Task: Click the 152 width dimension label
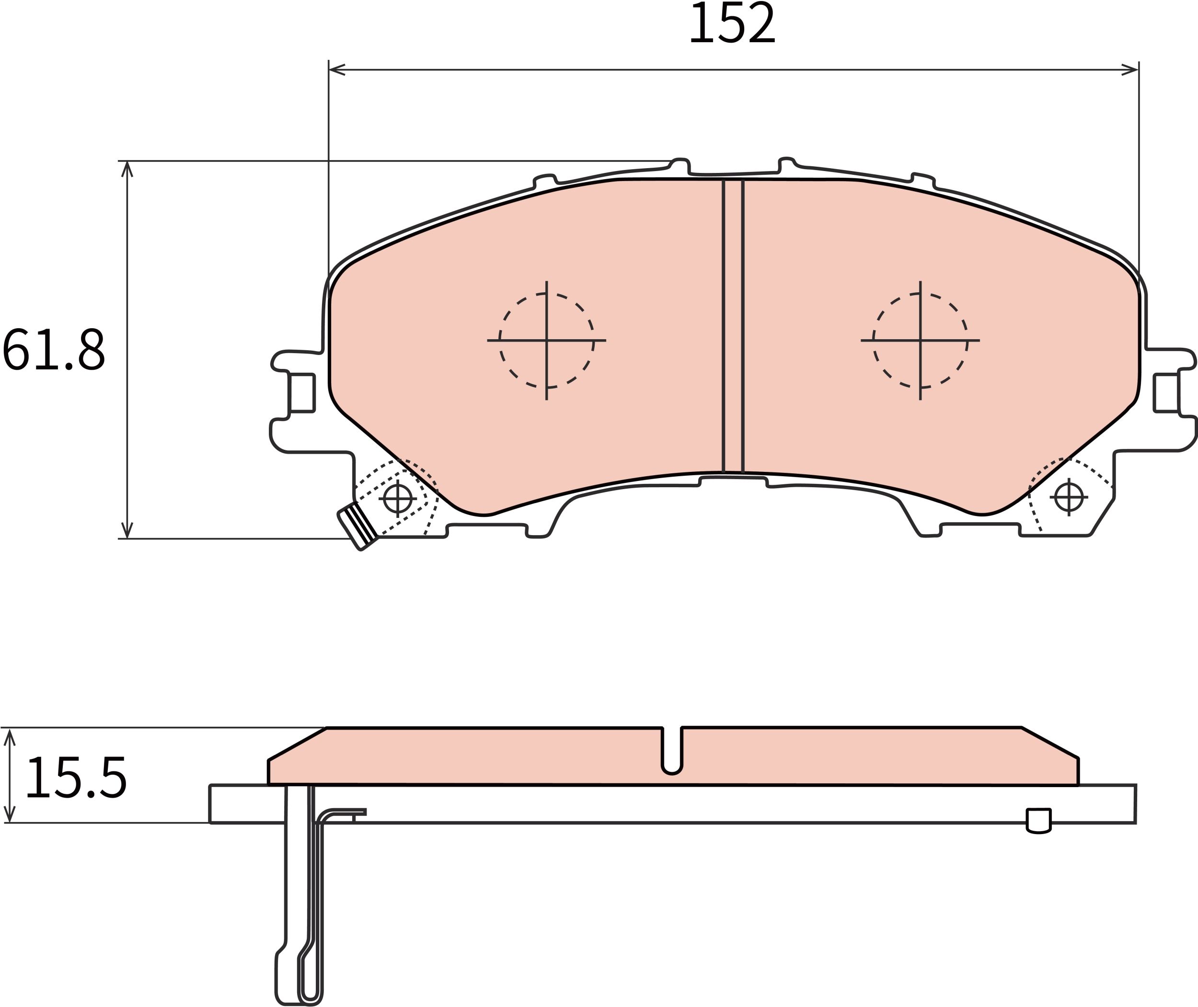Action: pos(733,24)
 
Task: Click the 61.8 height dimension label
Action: pos(54,349)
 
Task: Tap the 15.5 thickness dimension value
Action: pos(76,778)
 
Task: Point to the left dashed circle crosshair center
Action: pos(546,341)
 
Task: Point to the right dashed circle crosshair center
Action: pos(920,341)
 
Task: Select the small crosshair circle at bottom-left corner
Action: pos(397,498)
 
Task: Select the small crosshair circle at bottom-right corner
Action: pos(1069,497)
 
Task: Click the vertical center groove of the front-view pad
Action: pos(733,325)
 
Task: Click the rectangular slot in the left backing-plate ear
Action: pos(302,393)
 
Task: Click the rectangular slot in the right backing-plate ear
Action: pos(1166,393)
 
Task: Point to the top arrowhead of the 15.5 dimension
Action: pos(10,736)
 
